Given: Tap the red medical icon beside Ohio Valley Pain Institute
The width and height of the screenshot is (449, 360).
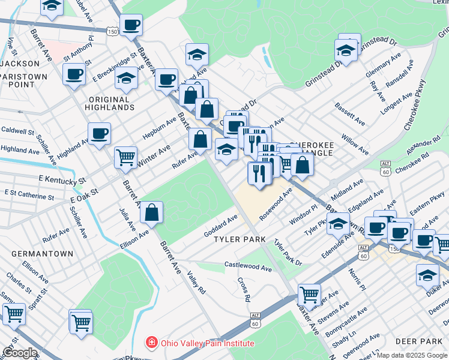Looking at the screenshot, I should click(x=153, y=343).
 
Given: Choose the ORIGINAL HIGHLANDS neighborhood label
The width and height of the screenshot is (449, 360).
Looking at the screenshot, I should click(x=111, y=103).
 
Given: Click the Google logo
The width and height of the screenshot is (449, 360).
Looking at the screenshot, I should click(x=20, y=353).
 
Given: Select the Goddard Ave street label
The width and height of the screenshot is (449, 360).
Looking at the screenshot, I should click(x=220, y=224).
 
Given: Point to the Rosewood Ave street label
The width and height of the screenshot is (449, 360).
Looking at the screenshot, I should click(x=276, y=203).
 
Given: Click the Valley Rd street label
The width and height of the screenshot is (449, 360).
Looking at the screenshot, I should click(x=196, y=282).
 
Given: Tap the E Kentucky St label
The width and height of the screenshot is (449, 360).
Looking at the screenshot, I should click(x=62, y=179).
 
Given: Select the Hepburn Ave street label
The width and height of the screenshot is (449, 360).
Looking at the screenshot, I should click(x=159, y=128).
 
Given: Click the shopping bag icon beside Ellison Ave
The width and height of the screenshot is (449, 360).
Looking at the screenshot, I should click(x=152, y=212).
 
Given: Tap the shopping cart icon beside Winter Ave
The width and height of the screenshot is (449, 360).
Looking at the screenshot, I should click(x=125, y=157).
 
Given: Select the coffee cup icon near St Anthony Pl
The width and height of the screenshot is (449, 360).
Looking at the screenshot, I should click(x=74, y=74).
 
